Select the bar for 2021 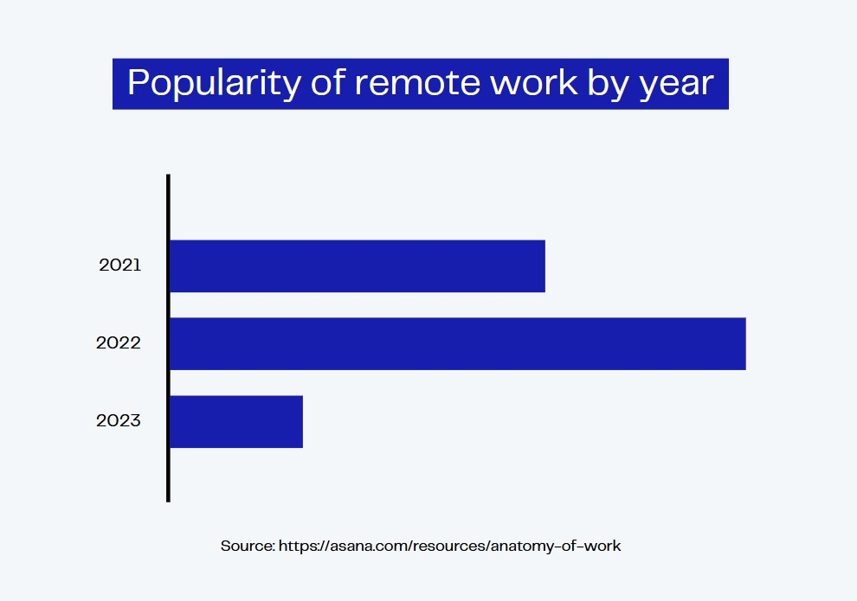tap(358, 265)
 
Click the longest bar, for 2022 tap(458, 344)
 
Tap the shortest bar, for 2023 tap(236, 421)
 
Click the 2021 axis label tap(120, 265)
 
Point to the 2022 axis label tap(119, 342)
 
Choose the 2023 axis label tap(119, 420)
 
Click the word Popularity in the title tap(215, 84)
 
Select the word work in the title tap(534, 82)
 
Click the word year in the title tap(677, 86)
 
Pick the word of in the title tap(328, 82)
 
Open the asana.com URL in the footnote tap(450, 546)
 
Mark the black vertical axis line tap(168, 338)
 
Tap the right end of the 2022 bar tap(745, 344)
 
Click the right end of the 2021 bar tap(544, 265)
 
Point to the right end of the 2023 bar tap(302, 421)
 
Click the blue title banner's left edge tap(113, 84)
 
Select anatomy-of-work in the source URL tap(556, 546)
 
